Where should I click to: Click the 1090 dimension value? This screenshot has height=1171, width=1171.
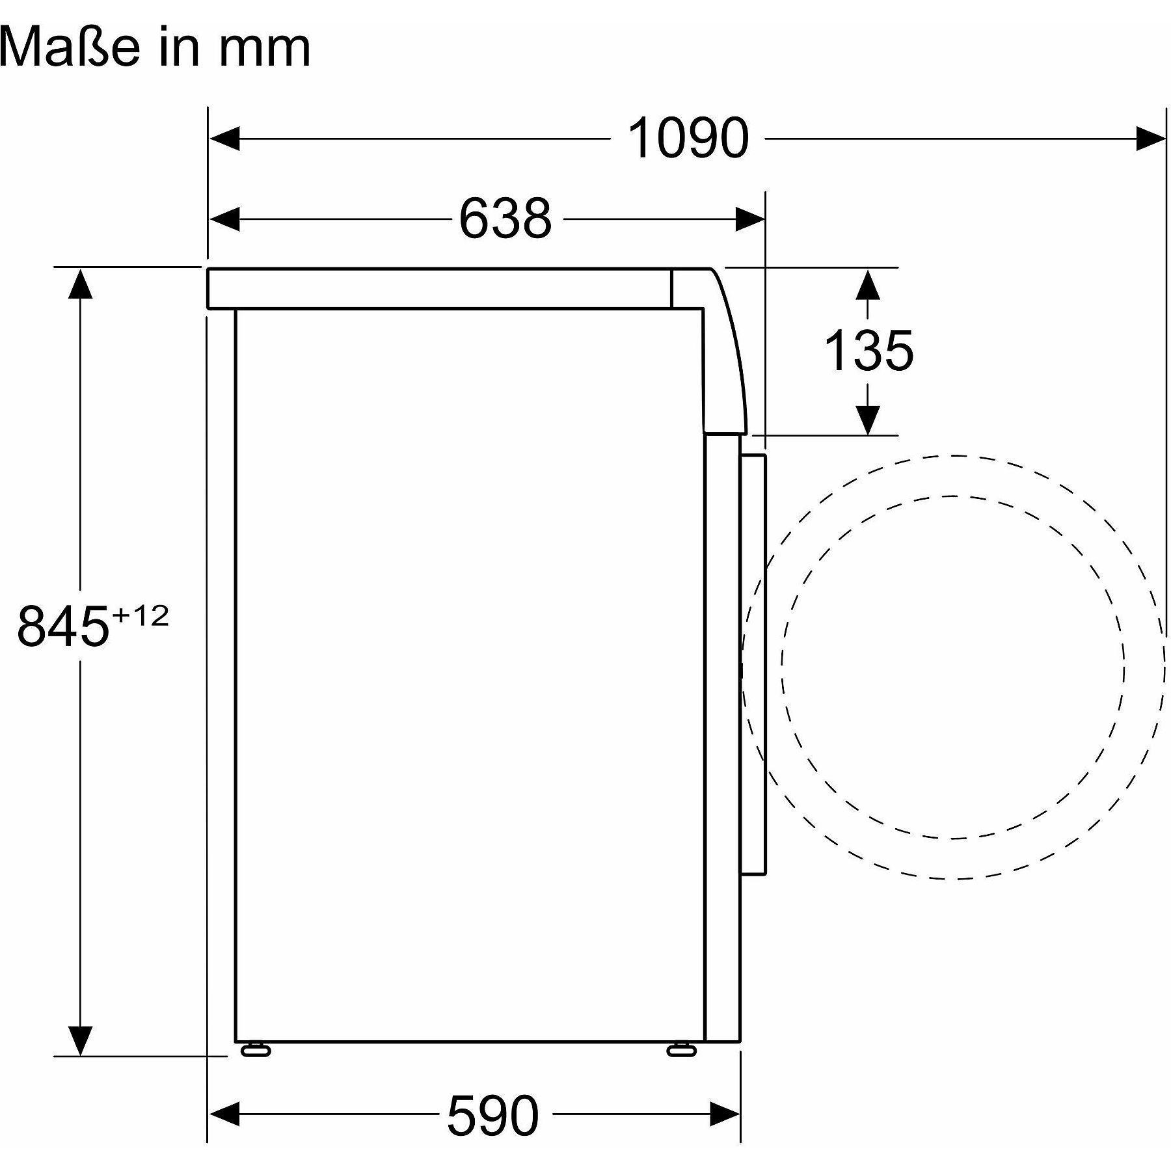(688, 138)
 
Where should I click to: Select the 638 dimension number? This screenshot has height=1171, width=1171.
(505, 219)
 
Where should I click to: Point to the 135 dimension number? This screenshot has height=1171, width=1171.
(868, 351)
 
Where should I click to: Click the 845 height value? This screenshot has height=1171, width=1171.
(62, 626)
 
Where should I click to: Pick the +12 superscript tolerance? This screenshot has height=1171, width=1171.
(141, 615)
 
